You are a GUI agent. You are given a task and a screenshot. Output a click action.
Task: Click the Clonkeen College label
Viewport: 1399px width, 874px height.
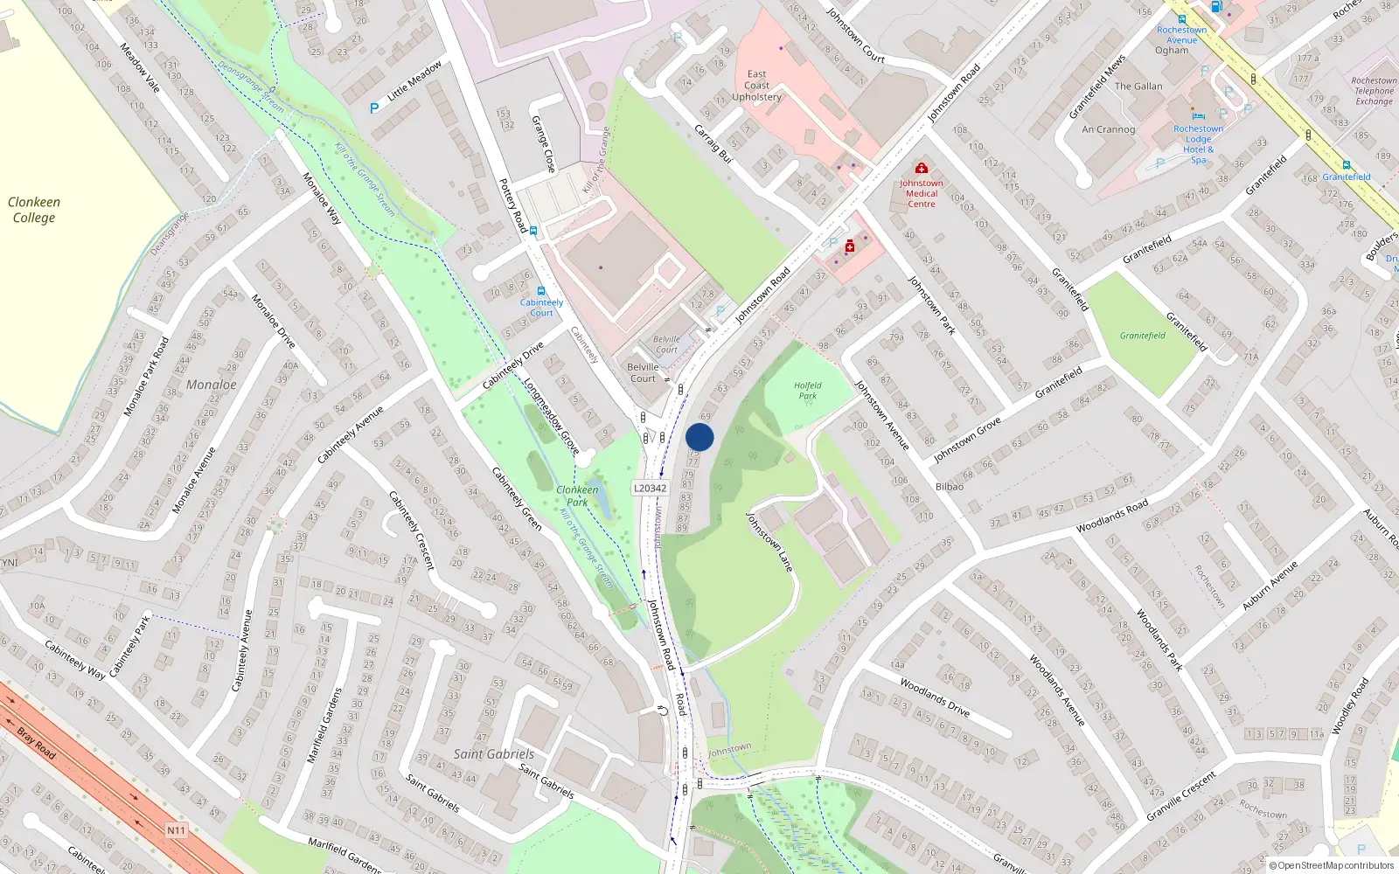33,210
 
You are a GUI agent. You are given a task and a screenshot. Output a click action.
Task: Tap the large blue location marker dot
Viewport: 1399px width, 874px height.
699,438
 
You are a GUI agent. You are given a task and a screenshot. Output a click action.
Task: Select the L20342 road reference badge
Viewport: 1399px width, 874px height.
650,489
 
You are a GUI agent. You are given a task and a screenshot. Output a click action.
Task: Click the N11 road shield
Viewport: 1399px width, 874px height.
176,829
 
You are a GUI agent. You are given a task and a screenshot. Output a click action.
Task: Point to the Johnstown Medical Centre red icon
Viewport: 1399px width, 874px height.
921,168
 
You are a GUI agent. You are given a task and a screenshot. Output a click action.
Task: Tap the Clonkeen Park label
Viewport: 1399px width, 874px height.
577,496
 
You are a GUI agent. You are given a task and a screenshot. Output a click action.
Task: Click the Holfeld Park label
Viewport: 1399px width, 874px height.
807,390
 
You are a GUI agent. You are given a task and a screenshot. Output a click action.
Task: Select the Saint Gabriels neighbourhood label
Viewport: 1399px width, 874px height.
493,753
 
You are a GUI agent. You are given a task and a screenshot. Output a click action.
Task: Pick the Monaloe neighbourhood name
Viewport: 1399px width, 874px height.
211,385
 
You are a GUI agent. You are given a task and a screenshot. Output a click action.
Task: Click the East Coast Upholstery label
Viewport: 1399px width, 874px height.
756,86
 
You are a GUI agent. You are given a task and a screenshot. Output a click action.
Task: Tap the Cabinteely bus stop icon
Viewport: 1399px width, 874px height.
541,291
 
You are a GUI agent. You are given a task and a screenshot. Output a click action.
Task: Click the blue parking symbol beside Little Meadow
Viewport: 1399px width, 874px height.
374,108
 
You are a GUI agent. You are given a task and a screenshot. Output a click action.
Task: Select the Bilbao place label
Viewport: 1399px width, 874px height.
950,487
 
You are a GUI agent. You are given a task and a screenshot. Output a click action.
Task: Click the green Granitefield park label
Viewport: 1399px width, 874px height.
1142,336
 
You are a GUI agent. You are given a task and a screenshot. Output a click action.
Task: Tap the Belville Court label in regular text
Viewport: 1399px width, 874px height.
643,372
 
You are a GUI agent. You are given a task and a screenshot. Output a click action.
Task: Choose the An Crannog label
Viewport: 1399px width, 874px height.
1108,129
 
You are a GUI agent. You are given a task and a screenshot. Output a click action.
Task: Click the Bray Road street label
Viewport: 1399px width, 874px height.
37,742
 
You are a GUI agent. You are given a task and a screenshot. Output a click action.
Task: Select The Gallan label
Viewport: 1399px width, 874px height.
1138,87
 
